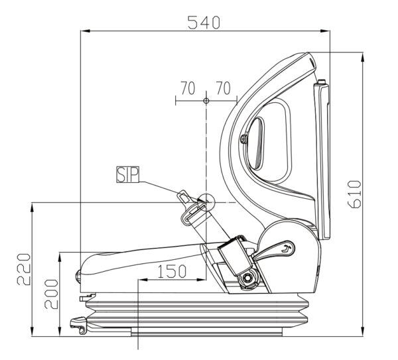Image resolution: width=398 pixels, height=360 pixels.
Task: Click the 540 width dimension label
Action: coord(204,23)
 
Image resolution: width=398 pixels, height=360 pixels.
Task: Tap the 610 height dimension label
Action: coord(354,194)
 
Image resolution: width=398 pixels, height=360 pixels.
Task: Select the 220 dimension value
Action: coord(24,269)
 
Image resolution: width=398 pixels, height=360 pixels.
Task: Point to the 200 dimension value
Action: coord(51,294)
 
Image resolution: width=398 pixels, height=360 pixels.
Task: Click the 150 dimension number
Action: coord(172,271)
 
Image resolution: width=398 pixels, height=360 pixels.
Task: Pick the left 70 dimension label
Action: coord(188,88)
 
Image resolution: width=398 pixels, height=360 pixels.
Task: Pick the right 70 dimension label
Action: coord(224,88)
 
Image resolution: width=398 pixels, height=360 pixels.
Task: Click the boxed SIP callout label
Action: coord(128,174)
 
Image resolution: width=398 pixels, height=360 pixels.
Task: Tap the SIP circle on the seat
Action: coord(206,202)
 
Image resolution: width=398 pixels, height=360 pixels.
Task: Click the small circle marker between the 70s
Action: coord(206,101)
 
